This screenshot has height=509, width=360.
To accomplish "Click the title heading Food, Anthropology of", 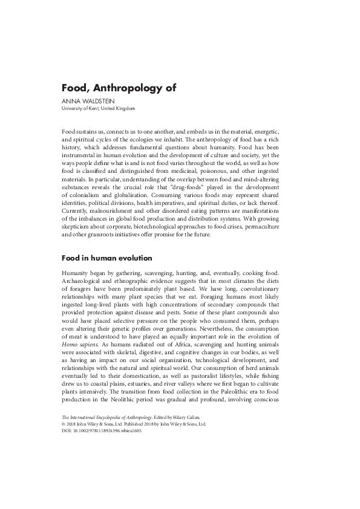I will click(119, 87).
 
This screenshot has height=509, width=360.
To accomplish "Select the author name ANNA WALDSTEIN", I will click(86, 100).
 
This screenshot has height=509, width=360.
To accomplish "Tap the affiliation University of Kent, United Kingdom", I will click(99, 108).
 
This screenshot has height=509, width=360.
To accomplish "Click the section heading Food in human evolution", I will click(106, 258).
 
